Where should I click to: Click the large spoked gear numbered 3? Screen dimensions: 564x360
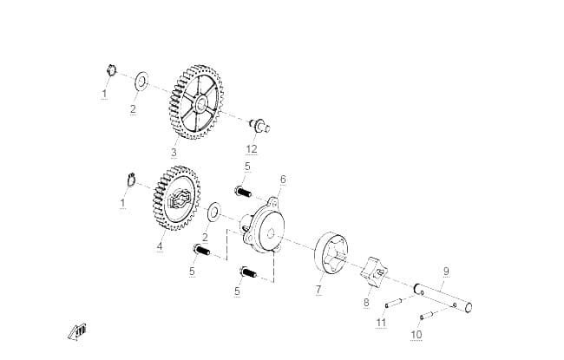(x=196, y=102)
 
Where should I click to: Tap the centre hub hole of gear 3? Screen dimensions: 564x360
(x=200, y=103)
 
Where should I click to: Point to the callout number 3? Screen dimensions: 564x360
(x=174, y=152)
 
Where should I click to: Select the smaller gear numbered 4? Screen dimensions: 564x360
(x=174, y=198)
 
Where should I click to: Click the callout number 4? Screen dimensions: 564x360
(x=160, y=246)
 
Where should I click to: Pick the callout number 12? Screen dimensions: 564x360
(x=252, y=148)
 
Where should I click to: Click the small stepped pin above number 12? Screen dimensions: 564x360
(x=259, y=126)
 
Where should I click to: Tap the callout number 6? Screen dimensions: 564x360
(x=283, y=179)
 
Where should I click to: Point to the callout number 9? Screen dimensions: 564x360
(x=446, y=271)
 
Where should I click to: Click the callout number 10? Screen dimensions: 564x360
(x=416, y=335)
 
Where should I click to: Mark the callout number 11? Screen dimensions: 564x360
(x=381, y=322)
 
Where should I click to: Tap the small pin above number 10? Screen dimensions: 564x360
(x=428, y=315)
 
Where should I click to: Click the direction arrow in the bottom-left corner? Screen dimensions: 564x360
(x=77, y=331)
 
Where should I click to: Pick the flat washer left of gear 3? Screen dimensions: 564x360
(x=141, y=82)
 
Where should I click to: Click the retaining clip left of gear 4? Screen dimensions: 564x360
(x=131, y=180)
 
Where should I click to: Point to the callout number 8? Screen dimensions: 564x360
(x=366, y=302)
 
